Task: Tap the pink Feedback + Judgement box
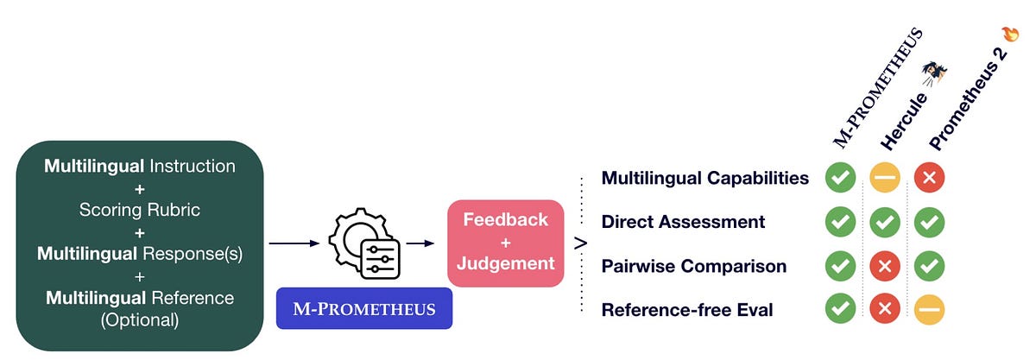(x=505, y=242)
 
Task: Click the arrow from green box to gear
(x=294, y=243)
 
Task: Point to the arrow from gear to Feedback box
(x=420, y=243)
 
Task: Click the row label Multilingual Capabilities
(x=704, y=178)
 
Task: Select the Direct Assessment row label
(x=683, y=221)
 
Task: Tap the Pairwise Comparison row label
(x=693, y=265)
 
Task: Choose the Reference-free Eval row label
(x=686, y=308)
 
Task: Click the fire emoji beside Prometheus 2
(x=1010, y=34)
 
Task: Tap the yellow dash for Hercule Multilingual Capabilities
(x=885, y=178)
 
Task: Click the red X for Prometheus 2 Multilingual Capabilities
(x=930, y=178)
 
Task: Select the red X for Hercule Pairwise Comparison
(x=885, y=265)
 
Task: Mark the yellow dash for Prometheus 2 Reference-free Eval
(x=930, y=308)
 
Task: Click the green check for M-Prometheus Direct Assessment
(x=840, y=221)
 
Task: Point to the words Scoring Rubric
(x=139, y=209)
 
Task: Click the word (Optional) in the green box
(x=139, y=319)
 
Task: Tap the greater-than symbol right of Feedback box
(x=581, y=243)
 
